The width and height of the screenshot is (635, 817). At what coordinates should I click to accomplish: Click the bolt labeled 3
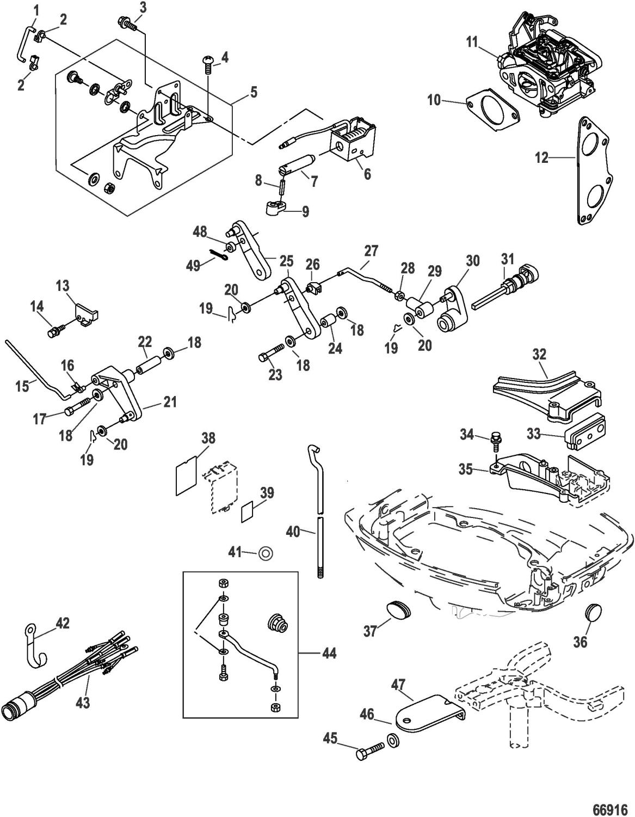[x=124, y=23]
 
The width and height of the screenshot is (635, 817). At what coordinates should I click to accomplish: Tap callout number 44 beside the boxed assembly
[x=329, y=653]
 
